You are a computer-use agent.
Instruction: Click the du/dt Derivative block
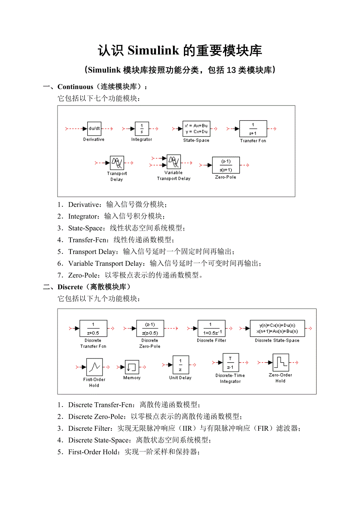(x=94, y=128)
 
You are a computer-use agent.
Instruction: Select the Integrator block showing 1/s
(x=142, y=128)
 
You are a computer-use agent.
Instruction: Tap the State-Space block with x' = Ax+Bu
(x=196, y=128)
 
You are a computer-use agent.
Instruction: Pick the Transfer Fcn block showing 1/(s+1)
(x=253, y=128)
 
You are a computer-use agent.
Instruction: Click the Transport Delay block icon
(x=117, y=163)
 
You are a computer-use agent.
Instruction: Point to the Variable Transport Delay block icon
(x=173, y=161)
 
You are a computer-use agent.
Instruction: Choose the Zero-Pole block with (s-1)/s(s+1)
(x=226, y=165)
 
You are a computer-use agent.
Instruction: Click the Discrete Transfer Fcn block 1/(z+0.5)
(x=93, y=328)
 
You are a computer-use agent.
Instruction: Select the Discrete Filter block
(x=211, y=328)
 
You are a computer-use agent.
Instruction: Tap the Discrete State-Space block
(x=277, y=328)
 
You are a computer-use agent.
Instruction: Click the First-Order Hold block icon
(x=94, y=367)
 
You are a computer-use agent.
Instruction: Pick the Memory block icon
(x=132, y=367)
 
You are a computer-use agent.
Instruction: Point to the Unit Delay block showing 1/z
(x=180, y=365)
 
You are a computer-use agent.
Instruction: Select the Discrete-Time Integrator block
(x=230, y=363)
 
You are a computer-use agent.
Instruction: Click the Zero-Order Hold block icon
(x=281, y=363)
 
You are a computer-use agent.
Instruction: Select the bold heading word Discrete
(x=70, y=287)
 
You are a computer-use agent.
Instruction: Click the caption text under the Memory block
(x=132, y=378)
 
